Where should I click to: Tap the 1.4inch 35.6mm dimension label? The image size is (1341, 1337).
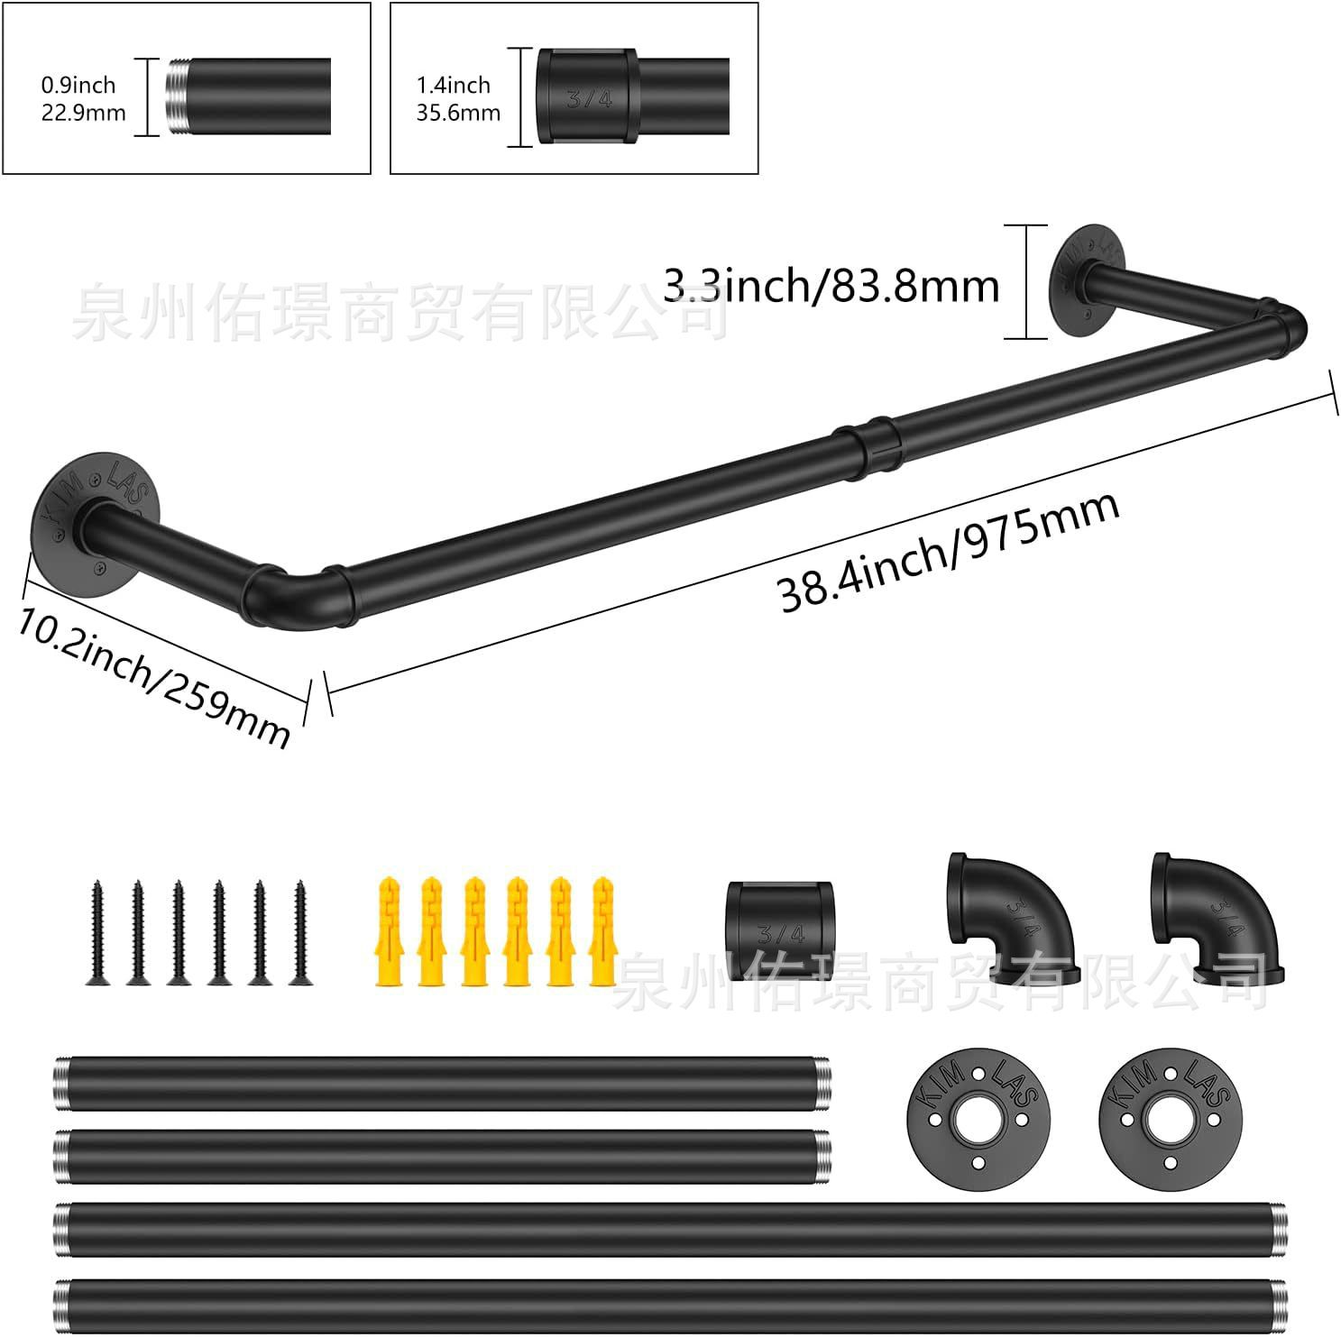[458, 98]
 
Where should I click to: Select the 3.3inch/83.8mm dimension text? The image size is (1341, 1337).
[831, 286]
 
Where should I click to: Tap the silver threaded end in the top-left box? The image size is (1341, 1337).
[176, 96]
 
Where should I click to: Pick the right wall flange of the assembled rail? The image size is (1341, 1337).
[1089, 280]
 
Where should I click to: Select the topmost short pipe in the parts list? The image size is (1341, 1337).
[441, 1083]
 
